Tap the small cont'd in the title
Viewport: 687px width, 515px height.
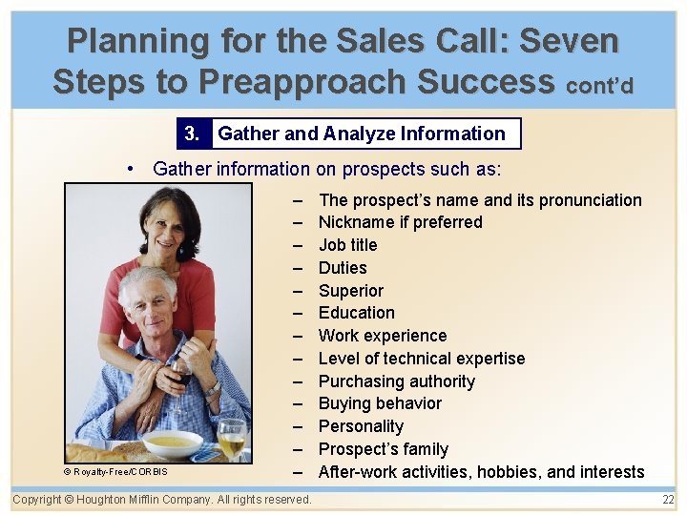point(599,86)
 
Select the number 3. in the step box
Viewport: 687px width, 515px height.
point(193,134)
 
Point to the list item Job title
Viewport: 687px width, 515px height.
point(347,245)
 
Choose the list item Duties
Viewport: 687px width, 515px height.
point(343,268)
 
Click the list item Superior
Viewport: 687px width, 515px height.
point(350,291)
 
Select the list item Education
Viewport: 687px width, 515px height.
point(356,313)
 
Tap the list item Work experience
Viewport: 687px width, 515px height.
point(382,336)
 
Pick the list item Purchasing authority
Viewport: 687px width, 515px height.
point(396,381)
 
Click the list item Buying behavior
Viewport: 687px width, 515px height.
point(380,403)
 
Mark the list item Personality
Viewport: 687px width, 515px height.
point(361,426)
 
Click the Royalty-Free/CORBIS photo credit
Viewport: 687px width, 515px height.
point(116,471)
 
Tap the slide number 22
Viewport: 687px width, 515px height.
point(668,500)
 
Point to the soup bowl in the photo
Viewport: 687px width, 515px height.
point(173,443)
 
